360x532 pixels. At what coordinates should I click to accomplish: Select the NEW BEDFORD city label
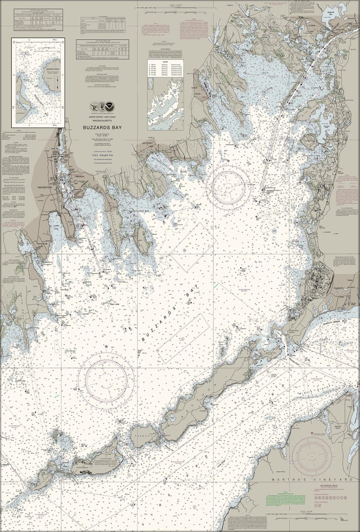pyautogui.click(x=46, y=188)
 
